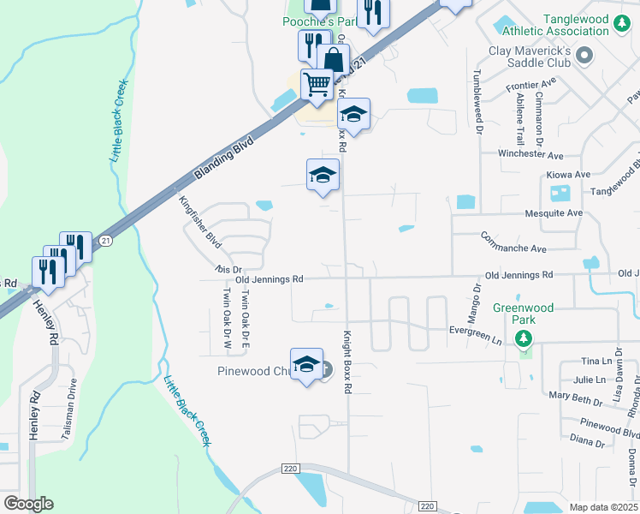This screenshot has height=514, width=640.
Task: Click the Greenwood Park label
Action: (523, 314)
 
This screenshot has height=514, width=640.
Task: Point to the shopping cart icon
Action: (317, 84)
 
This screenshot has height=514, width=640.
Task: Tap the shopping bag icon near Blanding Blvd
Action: (334, 61)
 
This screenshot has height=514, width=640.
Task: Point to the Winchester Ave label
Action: (531, 155)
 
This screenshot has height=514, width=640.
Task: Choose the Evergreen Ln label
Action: (476, 334)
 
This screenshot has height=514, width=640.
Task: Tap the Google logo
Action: (28, 504)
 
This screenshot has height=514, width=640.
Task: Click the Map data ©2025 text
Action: (603, 507)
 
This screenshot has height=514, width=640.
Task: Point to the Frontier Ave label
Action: (530, 85)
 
